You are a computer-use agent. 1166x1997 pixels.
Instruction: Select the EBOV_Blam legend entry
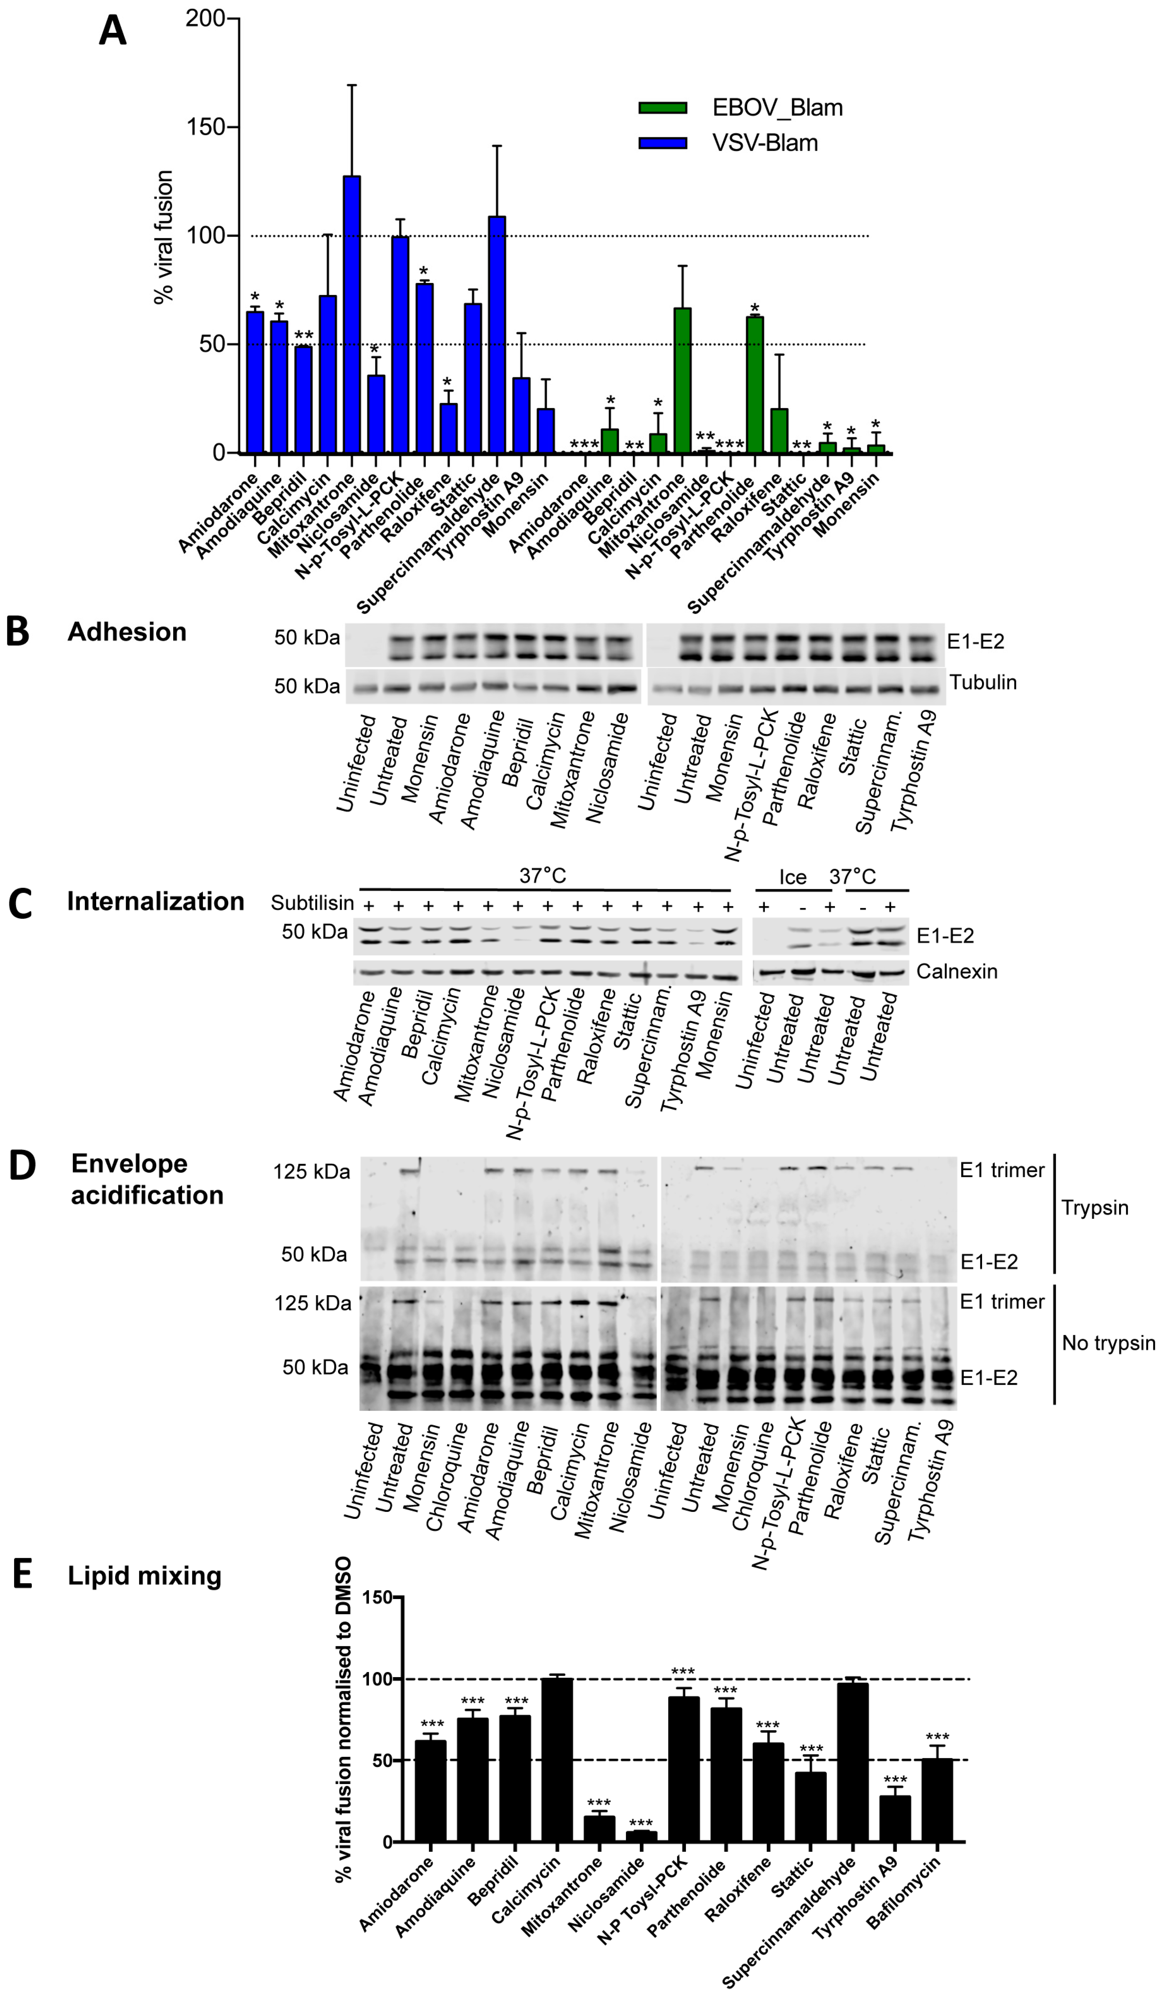(776, 108)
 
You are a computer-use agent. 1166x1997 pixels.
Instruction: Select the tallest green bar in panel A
(682, 380)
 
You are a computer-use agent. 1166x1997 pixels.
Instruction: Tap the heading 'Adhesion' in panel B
(127, 632)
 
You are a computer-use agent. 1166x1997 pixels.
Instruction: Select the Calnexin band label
(956, 972)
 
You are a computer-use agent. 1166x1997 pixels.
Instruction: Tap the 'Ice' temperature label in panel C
(792, 877)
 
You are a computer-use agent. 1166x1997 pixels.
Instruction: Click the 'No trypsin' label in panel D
(1108, 1343)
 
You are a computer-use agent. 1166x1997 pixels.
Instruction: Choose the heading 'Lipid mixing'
(144, 1576)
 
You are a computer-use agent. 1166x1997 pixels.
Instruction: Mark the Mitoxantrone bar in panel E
(599, 1828)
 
